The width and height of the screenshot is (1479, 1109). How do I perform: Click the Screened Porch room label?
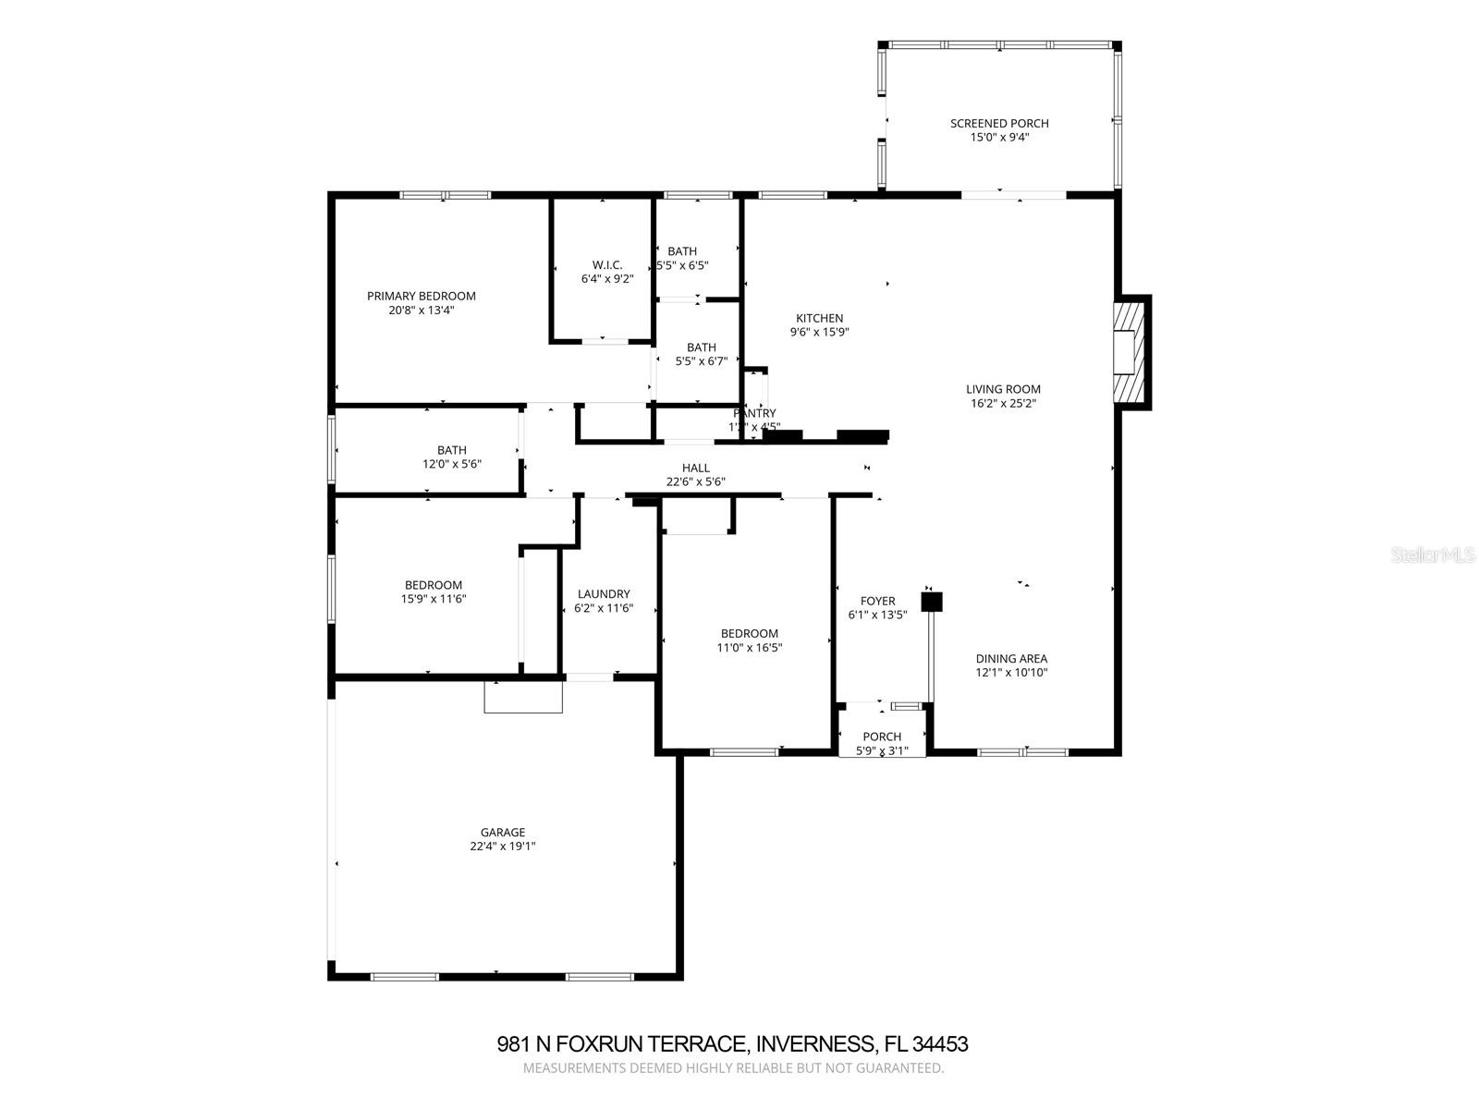[x=999, y=123]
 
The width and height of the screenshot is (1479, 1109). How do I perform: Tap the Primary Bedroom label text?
[x=422, y=296]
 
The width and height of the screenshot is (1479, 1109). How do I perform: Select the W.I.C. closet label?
[x=607, y=264]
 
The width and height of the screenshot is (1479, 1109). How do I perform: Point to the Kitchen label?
[x=819, y=318]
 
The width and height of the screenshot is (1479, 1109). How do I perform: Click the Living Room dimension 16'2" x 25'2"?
[x=1003, y=403]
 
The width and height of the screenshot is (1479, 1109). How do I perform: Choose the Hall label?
[x=695, y=468]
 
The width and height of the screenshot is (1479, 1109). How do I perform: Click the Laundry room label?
[x=604, y=593]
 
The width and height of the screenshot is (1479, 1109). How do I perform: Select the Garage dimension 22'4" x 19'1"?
[x=503, y=846]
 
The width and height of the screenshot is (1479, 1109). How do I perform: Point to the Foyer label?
[x=877, y=601]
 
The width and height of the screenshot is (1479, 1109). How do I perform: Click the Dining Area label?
[x=1011, y=658]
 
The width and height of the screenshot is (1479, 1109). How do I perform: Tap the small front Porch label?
[x=882, y=737]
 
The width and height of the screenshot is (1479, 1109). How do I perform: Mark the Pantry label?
[x=755, y=413]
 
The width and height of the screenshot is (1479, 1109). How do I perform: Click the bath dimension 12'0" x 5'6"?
[x=452, y=464]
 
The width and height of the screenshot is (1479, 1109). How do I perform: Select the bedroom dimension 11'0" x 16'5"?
[x=750, y=647]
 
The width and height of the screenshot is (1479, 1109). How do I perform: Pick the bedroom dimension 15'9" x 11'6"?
[x=433, y=598]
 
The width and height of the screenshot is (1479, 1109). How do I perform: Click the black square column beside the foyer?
[x=932, y=602]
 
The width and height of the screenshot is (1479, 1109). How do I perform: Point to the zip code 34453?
[x=940, y=1044]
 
